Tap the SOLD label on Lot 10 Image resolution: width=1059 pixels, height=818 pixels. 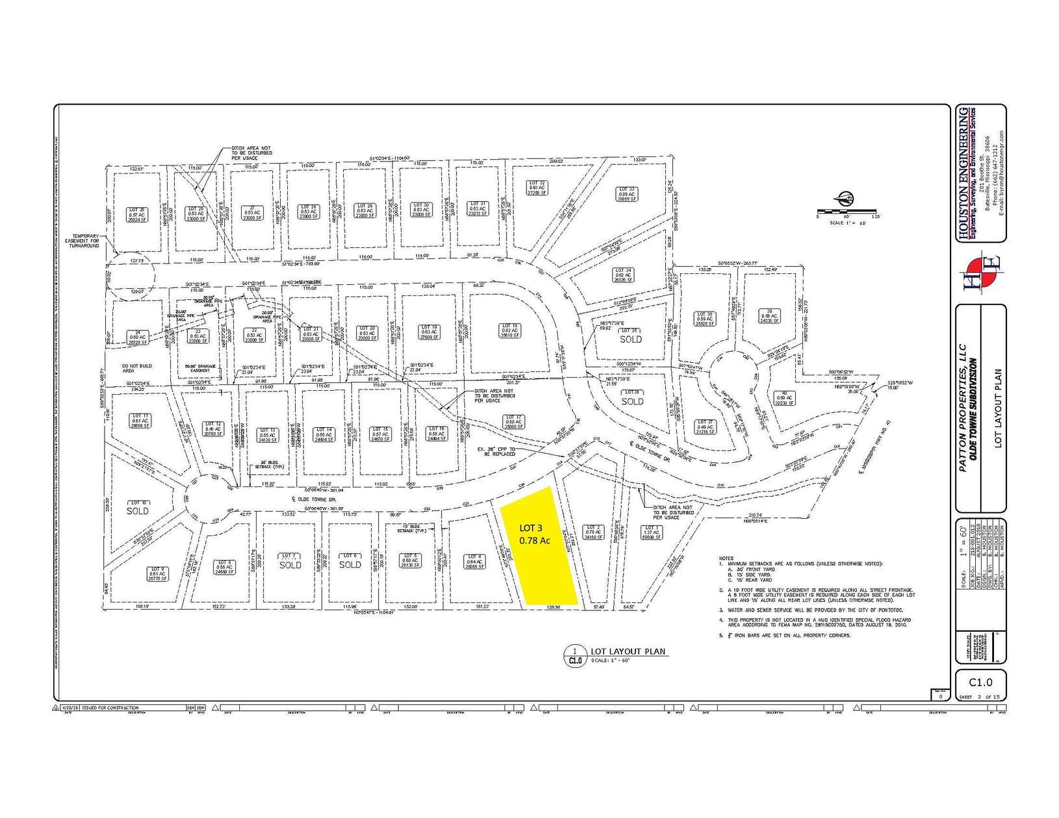pos(138,510)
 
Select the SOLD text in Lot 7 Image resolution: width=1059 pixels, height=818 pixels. pos(290,565)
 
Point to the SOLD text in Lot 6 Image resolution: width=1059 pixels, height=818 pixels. pos(350,565)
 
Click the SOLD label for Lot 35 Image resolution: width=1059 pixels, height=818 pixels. pos(630,339)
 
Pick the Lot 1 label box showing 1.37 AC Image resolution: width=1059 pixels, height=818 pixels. pos(651,532)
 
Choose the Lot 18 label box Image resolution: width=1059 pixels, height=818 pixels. pos(509,330)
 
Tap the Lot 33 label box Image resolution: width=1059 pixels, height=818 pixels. pos(627,193)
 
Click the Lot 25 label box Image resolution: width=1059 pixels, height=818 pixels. pos(138,214)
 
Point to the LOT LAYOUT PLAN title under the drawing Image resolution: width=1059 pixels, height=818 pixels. pos(628,651)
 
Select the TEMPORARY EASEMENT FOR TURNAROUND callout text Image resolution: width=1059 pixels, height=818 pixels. pos(86,241)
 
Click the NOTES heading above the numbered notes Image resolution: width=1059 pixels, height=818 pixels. pos(726,558)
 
